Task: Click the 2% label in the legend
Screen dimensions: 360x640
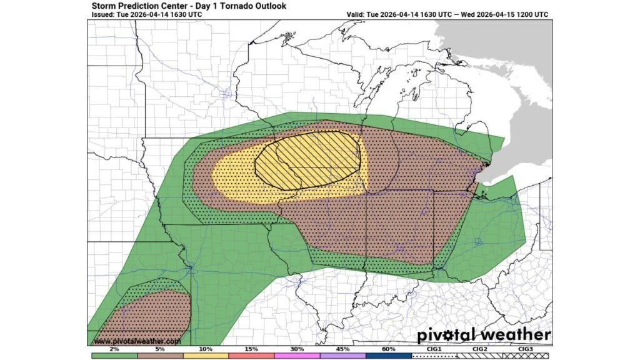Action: coord(114,348)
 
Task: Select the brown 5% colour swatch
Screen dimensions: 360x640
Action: coord(160,356)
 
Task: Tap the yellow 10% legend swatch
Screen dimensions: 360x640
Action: coord(206,356)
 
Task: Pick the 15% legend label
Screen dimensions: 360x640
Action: coord(251,348)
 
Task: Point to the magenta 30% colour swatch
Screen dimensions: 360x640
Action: coord(297,356)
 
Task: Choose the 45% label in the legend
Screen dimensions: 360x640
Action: coord(342,348)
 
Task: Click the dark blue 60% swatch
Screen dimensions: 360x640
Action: coord(388,356)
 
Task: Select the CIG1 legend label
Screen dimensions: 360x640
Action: coord(434,348)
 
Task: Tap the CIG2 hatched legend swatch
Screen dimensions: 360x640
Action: coord(480,356)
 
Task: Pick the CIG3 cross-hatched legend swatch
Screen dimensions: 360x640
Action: coord(526,356)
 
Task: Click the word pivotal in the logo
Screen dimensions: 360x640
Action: coord(449,334)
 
